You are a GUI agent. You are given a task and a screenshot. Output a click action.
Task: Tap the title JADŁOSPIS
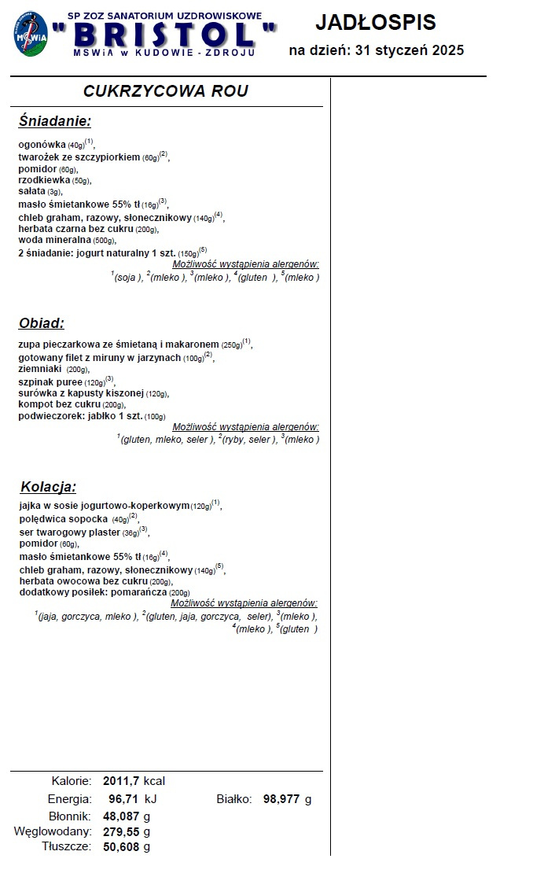(x=375, y=22)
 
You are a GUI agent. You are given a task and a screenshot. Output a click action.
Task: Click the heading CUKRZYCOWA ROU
(x=166, y=91)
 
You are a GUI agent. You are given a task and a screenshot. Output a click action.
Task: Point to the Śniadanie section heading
(x=55, y=121)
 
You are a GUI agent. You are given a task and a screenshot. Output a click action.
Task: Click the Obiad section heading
(x=41, y=323)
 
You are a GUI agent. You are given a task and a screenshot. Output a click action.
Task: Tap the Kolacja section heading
(x=49, y=486)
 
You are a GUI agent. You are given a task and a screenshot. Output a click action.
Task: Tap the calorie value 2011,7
(x=121, y=781)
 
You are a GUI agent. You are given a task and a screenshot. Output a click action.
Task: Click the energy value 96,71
(x=124, y=799)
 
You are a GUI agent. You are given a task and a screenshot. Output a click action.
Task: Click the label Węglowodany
(x=53, y=831)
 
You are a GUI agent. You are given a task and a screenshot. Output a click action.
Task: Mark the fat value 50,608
(x=121, y=847)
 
